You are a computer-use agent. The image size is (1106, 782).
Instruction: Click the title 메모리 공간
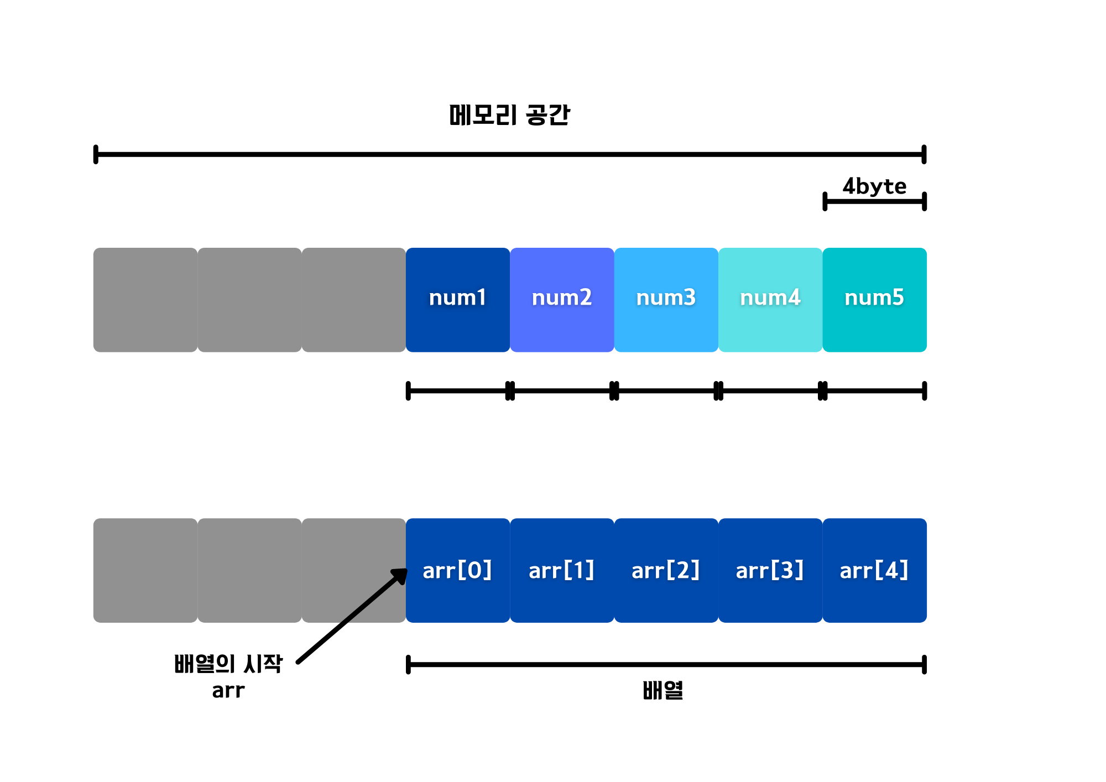point(509,115)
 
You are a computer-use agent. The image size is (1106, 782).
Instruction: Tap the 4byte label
point(874,186)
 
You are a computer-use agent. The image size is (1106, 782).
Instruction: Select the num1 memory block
point(458,299)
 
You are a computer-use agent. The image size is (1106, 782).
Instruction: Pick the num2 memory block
point(562,299)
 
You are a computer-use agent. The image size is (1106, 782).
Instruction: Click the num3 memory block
point(666,299)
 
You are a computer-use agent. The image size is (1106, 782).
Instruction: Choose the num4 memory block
point(770,299)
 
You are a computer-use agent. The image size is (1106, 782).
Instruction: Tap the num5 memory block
point(874,299)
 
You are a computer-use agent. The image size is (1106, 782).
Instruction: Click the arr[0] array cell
point(458,570)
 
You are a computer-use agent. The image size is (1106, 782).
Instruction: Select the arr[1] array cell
point(562,570)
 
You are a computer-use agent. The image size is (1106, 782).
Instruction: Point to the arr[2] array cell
point(666,570)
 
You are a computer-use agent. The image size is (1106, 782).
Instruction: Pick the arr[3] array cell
point(770,570)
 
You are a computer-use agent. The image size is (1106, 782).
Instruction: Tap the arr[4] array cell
point(874,570)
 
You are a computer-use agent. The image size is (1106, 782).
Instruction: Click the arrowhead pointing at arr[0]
point(400,576)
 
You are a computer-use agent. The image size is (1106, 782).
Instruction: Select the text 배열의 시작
point(228,664)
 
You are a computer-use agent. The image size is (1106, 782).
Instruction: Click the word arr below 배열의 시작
point(228,691)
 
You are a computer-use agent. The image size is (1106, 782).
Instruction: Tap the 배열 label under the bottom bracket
point(663,691)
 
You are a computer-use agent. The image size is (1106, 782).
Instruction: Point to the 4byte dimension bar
point(874,201)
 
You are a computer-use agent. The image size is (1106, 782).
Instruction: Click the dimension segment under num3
point(666,390)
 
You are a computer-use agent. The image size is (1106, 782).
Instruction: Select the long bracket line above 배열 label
point(666,664)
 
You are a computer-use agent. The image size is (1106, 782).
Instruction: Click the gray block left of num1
point(354,299)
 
